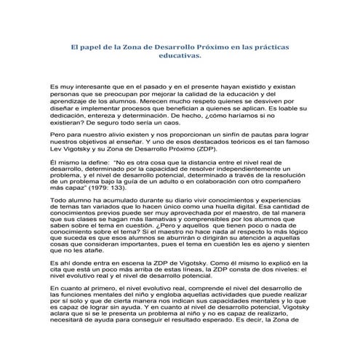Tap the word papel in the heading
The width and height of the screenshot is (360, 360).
pyautogui.click(x=77, y=45)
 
